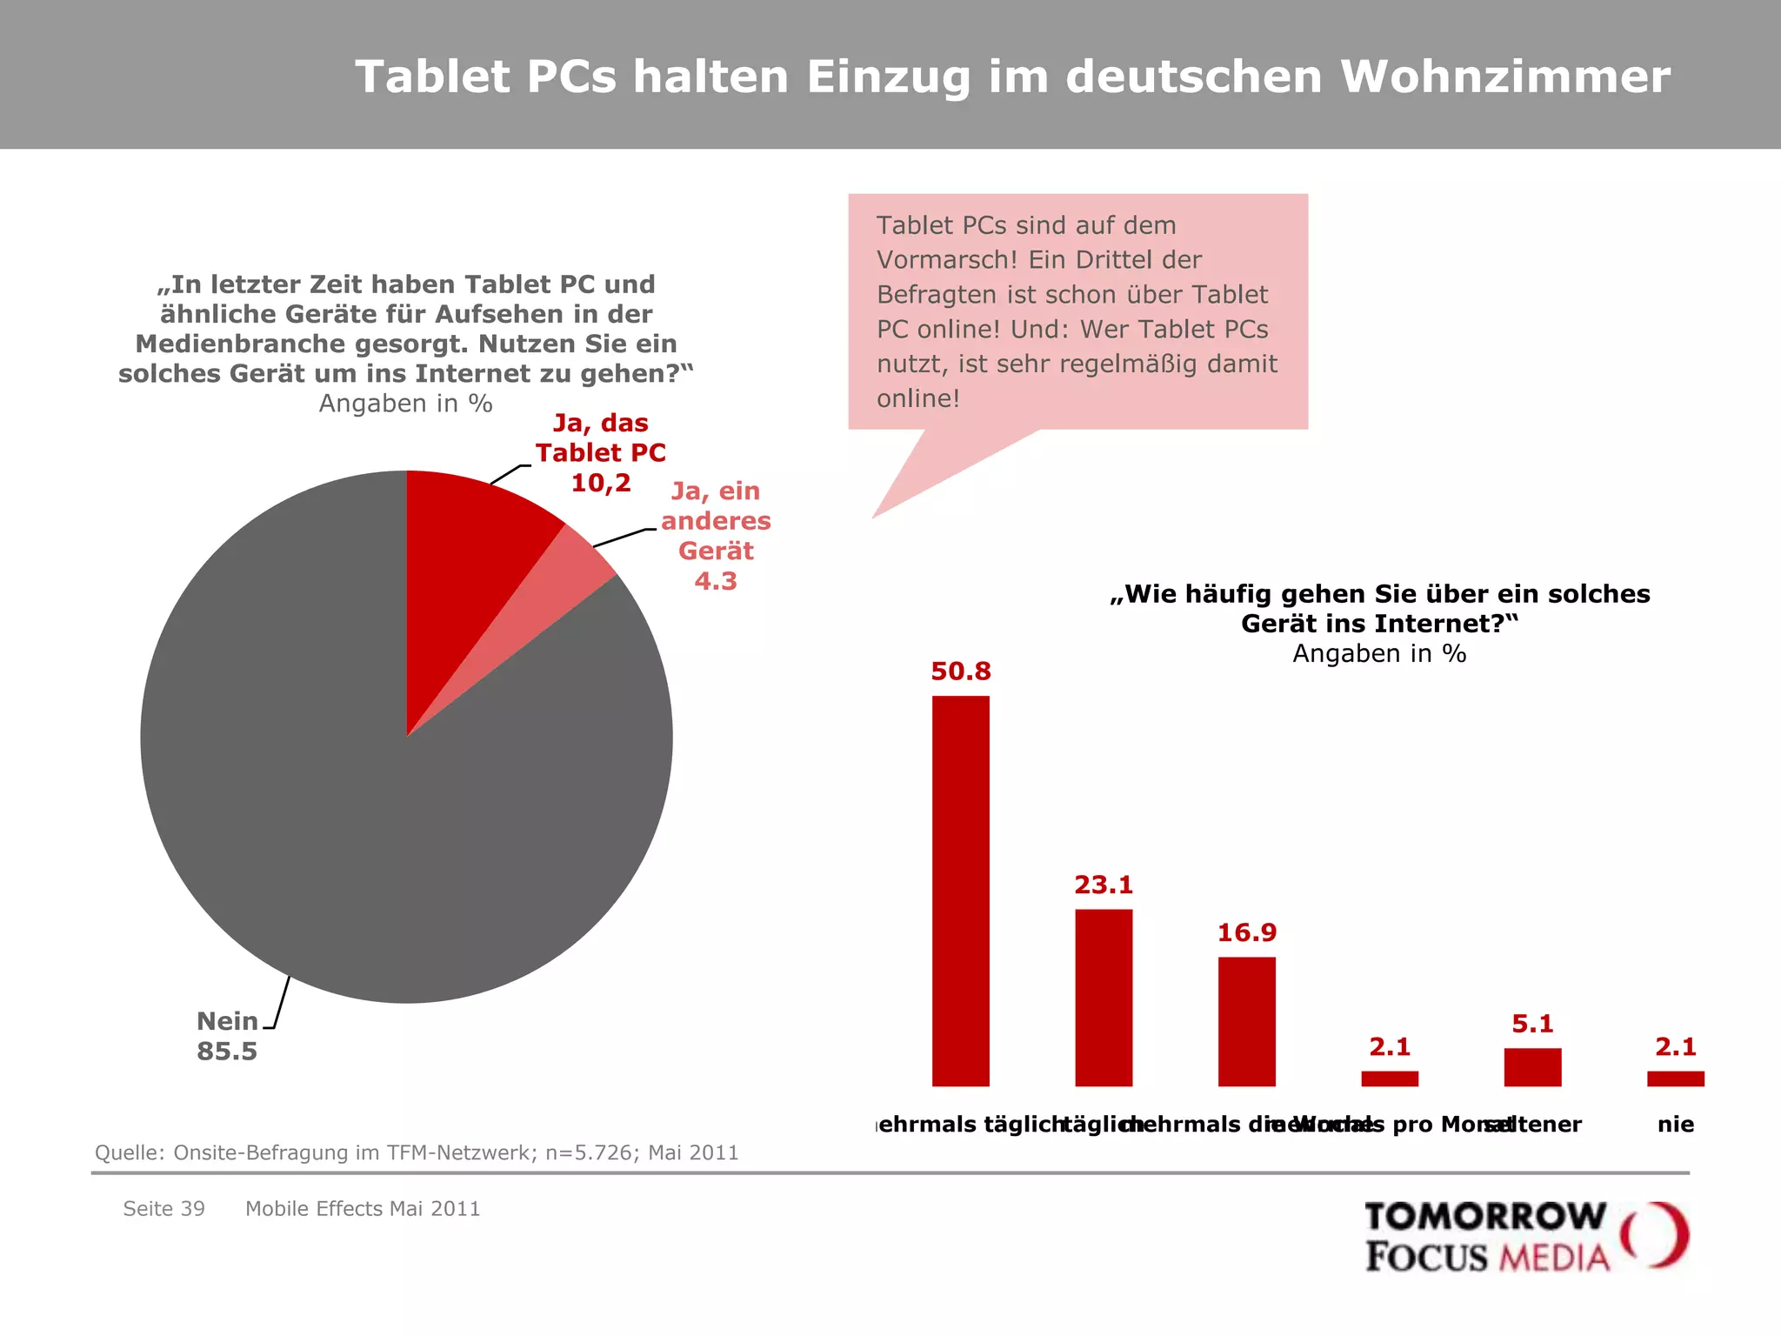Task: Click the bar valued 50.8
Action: point(960,891)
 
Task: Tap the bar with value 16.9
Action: point(1246,1021)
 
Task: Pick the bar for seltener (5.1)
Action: point(1532,1067)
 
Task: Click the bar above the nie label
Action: point(1675,1079)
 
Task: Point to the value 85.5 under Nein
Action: point(227,1052)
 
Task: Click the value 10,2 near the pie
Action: point(600,483)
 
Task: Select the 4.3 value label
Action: point(715,581)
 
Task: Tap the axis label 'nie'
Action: point(1675,1125)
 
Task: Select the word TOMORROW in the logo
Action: point(1484,1217)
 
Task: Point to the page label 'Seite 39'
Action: point(163,1209)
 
